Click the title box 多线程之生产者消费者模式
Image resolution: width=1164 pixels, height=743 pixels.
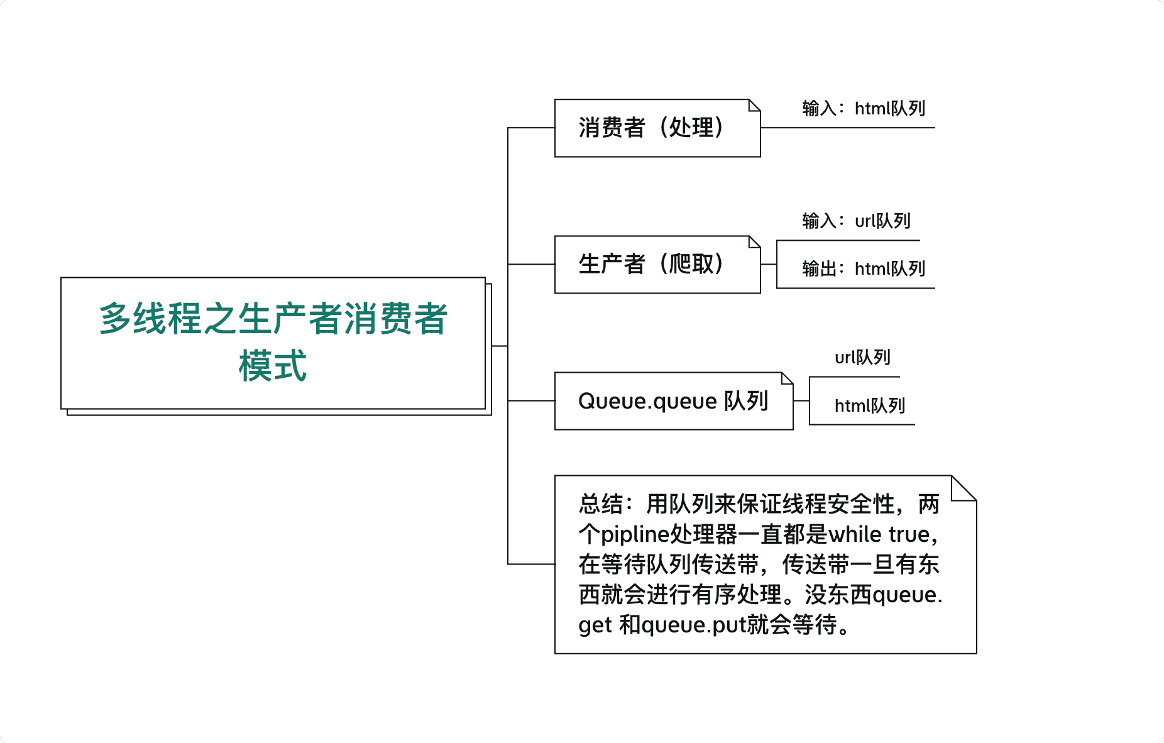pyautogui.click(x=273, y=343)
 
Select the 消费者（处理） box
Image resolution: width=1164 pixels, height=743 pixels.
pyautogui.click(x=657, y=128)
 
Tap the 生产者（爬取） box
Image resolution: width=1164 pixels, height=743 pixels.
pyautogui.click(x=657, y=265)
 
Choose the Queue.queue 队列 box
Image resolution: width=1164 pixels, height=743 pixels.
pyautogui.click(x=674, y=401)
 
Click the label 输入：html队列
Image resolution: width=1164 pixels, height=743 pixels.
pyautogui.click(x=864, y=109)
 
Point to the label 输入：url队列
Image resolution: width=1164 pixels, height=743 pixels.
pyautogui.click(x=856, y=221)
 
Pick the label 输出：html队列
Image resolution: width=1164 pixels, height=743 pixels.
pyautogui.click(x=864, y=269)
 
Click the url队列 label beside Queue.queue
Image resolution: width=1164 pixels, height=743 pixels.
pyautogui.click(x=862, y=358)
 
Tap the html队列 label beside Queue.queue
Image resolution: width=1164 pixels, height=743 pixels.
pyautogui.click(x=870, y=406)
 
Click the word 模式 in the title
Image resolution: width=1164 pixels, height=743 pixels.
pyautogui.click(x=273, y=366)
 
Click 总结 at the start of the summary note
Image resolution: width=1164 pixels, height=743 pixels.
pyautogui.click(x=601, y=504)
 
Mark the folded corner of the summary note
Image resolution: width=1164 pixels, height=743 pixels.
pyautogui.click(x=964, y=488)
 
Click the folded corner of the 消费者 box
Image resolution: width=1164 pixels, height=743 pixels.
pyautogui.click(x=755, y=105)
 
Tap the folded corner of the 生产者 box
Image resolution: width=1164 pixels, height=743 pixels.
pyautogui.click(x=755, y=242)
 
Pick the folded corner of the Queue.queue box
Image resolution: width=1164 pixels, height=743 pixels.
pyautogui.click(x=788, y=378)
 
